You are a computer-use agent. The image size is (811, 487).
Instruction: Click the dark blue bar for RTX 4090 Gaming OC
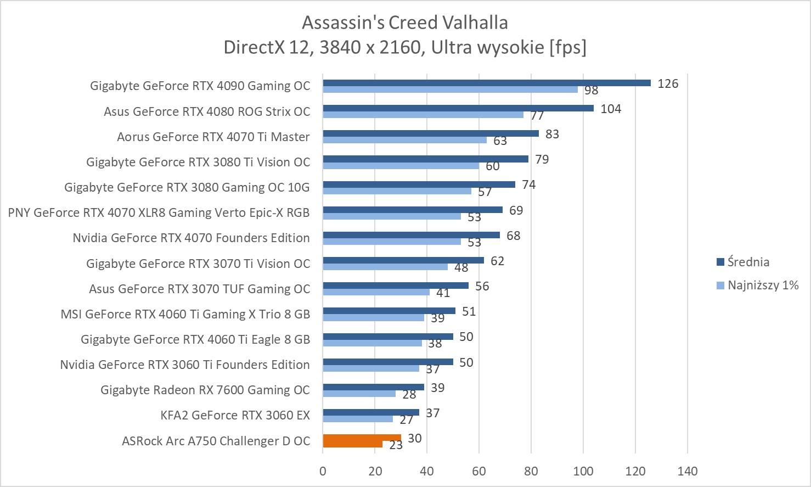486,83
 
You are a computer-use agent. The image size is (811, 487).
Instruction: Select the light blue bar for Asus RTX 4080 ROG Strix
423,115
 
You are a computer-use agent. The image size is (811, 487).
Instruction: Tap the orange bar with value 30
362,438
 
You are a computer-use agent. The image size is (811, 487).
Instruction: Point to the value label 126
668,84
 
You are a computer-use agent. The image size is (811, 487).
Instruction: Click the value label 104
611,109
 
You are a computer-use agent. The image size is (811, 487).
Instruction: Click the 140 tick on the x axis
688,471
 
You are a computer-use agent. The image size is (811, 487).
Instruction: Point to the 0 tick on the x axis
323,471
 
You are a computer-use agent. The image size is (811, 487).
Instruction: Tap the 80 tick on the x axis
531,471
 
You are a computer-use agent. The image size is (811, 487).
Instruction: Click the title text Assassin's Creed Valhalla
405,23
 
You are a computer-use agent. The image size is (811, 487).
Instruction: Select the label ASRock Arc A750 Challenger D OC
216,441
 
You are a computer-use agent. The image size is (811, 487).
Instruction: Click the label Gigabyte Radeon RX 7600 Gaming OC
205,390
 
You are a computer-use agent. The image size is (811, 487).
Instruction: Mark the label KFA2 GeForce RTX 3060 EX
235,416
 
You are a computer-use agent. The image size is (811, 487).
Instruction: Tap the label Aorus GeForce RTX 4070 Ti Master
213,137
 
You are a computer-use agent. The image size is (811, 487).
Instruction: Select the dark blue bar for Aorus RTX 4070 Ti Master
431,133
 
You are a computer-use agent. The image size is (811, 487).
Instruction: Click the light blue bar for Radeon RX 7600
359,394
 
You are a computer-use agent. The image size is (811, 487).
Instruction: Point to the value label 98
591,91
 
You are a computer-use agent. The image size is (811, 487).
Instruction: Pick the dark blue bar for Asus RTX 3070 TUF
396,286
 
